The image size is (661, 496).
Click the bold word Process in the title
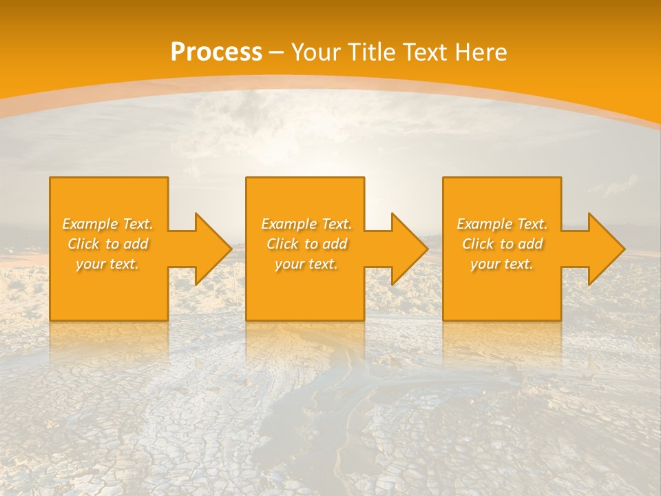pos(216,52)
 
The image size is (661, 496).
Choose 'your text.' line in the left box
pos(107,264)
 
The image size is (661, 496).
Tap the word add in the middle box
pos(335,244)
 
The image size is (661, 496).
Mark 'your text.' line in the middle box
pos(306,264)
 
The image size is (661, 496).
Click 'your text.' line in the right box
pos(501,264)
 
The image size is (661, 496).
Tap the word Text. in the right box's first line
pos(532,224)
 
